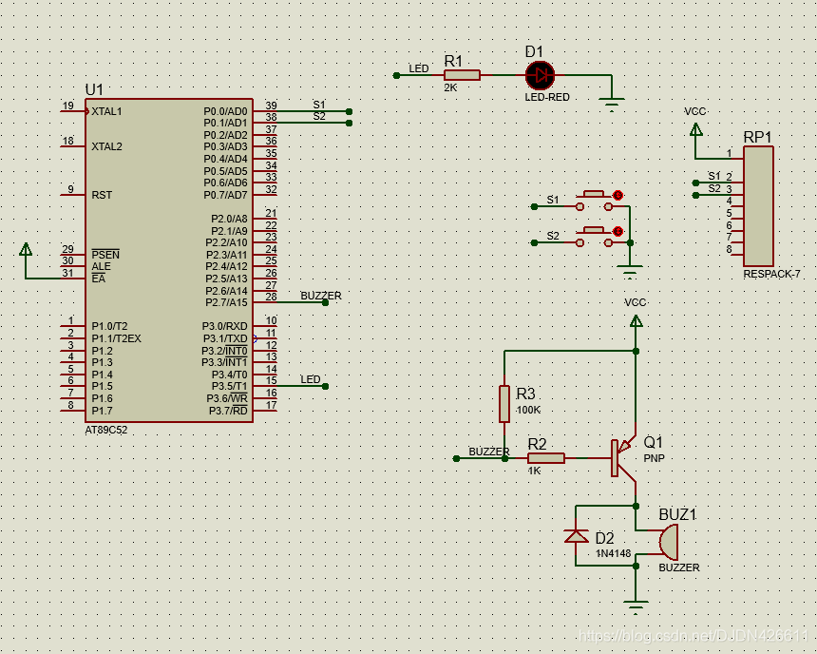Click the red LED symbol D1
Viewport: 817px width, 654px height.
tap(540, 74)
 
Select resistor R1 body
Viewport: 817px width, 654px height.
tap(462, 74)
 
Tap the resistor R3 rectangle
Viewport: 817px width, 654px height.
tap(504, 403)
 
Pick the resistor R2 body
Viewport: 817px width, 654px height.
tap(545, 458)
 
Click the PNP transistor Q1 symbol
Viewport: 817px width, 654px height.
tap(623, 457)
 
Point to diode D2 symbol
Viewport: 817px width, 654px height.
tap(577, 537)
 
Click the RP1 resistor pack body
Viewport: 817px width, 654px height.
tap(758, 205)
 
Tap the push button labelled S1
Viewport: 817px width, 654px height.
tap(595, 196)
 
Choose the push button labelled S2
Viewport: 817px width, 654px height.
tap(595, 231)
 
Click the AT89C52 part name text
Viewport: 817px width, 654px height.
tap(106, 430)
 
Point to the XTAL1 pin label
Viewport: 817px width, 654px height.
tap(106, 111)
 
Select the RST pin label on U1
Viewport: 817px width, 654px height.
tap(102, 195)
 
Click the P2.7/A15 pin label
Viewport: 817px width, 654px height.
tap(226, 302)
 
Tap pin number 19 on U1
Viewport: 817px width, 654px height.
tap(67, 106)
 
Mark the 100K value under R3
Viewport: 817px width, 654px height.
tap(527, 410)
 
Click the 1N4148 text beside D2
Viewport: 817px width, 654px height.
tap(613, 552)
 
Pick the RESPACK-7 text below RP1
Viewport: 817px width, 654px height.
tap(771, 274)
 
